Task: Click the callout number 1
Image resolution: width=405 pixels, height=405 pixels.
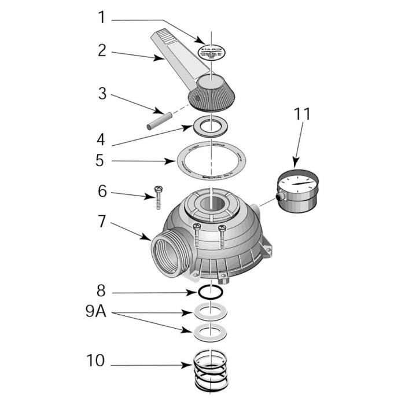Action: (102, 19)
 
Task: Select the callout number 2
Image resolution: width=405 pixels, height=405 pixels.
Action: (102, 50)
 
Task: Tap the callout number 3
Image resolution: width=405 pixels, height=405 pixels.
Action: (102, 93)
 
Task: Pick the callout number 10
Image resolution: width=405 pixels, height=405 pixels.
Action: (95, 362)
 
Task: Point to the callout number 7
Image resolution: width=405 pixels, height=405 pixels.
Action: (102, 222)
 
